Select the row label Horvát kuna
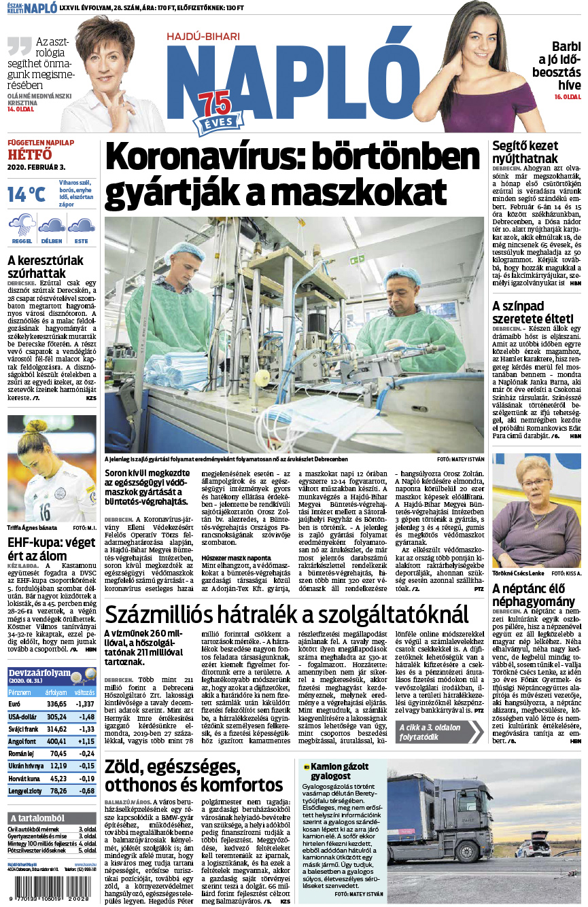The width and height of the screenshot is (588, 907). [x=24, y=779]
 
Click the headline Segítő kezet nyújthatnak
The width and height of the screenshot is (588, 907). [x=525, y=152]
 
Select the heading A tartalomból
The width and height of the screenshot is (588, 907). [x=37, y=817]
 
